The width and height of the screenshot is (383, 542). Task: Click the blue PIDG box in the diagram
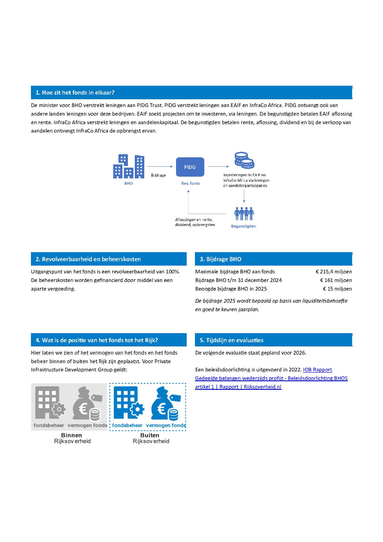[190, 167]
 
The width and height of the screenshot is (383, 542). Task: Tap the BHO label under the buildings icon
[128, 183]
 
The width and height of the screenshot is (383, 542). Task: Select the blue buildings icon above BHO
[128, 166]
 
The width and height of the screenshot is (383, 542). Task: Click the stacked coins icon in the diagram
[243, 161]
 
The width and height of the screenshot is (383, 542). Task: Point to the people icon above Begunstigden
[244, 213]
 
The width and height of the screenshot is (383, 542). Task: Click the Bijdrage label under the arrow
[158, 175]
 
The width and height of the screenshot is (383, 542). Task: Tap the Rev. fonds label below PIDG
[190, 183]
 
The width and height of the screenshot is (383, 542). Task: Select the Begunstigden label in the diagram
[243, 226]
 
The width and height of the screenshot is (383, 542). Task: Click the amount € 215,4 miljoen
[334, 272]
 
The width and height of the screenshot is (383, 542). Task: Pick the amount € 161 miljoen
[336, 280]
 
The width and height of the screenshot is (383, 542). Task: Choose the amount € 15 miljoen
[337, 289]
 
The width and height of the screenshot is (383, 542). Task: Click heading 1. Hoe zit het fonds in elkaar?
[75, 92]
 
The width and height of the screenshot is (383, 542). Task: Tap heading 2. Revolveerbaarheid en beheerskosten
[88, 259]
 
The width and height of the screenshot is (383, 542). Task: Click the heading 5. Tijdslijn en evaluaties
[231, 340]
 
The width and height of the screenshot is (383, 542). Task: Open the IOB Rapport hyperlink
[317, 370]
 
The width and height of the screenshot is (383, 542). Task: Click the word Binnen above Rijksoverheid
[72, 435]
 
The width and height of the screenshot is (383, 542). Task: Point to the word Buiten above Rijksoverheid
[150, 435]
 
